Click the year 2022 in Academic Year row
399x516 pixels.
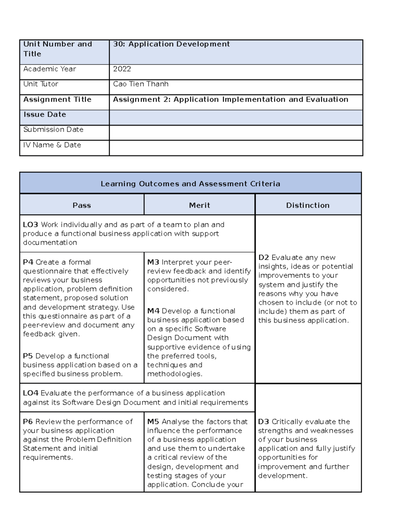tap(122, 69)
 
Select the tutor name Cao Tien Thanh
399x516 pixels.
tap(141, 84)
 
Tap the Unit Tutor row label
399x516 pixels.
tap(41, 84)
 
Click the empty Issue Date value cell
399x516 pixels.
tap(235, 117)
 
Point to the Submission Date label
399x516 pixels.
tap(53, 130)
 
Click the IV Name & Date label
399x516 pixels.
tap(52, 145)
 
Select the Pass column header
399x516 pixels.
tap(81, 205)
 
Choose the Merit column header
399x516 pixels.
tap(199, 205)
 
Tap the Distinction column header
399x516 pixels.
tap(308, 205)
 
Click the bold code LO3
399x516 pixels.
tap(30, 225)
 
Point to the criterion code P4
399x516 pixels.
tap(28, 262)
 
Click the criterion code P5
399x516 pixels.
tap(28, 356)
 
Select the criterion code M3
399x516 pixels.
tap(153, 262)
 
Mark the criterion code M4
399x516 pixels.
tap(153, 311)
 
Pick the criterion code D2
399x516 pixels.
tap(264, 258)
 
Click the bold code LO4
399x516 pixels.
tap(30, 393)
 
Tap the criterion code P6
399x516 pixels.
tap(28, 422)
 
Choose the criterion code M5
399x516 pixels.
tap(153, 422)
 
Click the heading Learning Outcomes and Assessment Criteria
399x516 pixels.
tap(190, 184)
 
